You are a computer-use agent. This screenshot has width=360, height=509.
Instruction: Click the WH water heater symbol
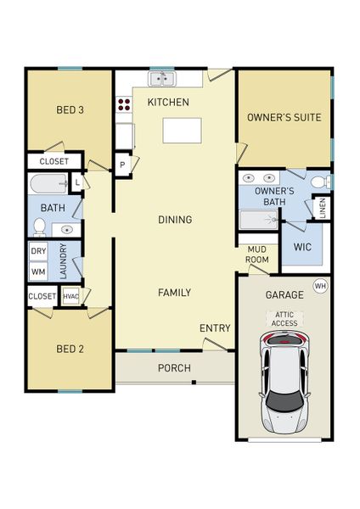(320, 286)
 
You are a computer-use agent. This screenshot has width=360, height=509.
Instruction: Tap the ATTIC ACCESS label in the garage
(284, 318)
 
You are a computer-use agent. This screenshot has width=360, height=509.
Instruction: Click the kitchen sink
(161, 80)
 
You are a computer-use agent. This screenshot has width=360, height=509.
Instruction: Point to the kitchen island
(183, 130)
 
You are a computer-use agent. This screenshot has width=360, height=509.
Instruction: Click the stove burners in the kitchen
(124, 105)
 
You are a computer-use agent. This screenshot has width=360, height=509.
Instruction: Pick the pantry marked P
(122, 165)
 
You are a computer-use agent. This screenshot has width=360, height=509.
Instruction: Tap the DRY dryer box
(38, 252)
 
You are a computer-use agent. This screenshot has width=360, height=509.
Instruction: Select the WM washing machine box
(38, 271)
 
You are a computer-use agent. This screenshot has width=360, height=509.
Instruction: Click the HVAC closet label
(70, 296)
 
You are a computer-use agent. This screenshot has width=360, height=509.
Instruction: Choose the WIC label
(303, 248)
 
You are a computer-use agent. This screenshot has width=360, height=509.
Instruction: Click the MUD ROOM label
(257, 254)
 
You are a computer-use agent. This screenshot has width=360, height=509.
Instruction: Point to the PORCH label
(174, 368)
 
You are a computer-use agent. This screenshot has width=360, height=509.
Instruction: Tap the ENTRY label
(215, 328)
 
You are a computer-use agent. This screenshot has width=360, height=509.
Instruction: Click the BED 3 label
(70, 109)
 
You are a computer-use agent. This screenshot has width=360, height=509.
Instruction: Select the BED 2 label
(70, 349)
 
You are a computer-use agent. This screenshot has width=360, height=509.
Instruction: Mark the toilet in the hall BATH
(39, 227)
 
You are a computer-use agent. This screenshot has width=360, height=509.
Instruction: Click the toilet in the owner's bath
(318, 182)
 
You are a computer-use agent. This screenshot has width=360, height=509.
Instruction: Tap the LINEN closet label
(323, 206)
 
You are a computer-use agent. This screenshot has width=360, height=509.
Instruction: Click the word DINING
(175, 220)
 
